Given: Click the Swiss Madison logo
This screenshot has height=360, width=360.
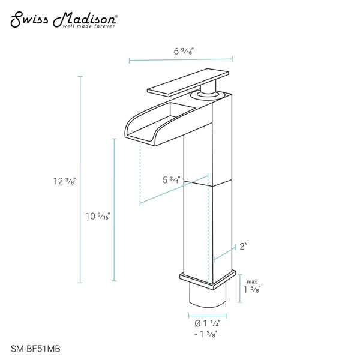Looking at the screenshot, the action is coord(64,20).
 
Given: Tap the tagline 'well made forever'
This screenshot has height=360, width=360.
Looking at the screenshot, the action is coord(89,26).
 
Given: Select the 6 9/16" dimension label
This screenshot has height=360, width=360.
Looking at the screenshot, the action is coord(184,51).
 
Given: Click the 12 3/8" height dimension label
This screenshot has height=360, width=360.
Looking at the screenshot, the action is coord(64,181).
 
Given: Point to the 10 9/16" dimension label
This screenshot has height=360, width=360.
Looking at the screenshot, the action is coord(98,216).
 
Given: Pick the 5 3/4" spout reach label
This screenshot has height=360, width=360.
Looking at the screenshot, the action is coord(171,180).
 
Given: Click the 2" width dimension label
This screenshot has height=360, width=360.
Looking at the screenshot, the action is coord(244,247).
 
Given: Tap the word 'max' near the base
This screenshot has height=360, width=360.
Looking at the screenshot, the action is coord(252,282).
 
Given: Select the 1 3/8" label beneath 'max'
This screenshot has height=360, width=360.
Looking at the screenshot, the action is coord(252,289).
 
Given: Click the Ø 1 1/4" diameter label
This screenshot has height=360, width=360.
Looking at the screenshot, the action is coord(208,323).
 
